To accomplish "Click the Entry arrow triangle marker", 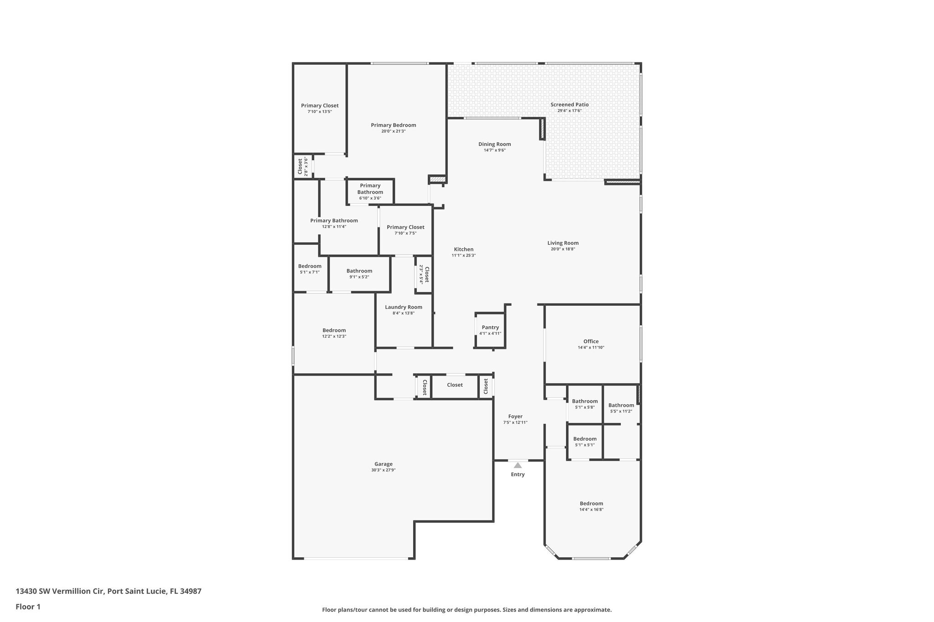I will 518,465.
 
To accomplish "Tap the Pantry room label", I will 490,327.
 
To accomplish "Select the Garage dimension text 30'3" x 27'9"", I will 383,470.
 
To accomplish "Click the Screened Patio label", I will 569,104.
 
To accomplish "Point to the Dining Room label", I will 494,144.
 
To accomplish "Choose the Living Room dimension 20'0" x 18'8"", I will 563,249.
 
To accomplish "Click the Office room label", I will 591,341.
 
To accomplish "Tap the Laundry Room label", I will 403,307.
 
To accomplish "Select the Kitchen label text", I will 463,249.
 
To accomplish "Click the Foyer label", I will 515,416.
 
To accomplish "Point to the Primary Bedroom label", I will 393,125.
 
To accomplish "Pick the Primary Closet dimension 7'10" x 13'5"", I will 320,112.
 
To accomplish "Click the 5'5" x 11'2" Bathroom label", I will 621,406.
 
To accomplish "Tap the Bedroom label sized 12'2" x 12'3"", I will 334,330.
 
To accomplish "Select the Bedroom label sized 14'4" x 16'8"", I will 591,504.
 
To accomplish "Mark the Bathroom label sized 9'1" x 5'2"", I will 359,271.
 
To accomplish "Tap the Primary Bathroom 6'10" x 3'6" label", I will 370,189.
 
